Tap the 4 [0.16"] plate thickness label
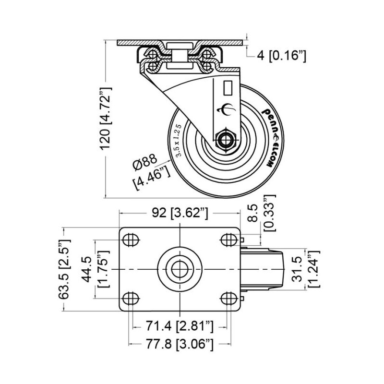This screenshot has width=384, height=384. [281, 56]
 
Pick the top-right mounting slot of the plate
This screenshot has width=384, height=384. [227, 239]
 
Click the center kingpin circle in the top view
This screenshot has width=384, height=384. [179, 269]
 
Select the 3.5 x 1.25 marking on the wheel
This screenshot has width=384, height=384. [178, 140]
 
